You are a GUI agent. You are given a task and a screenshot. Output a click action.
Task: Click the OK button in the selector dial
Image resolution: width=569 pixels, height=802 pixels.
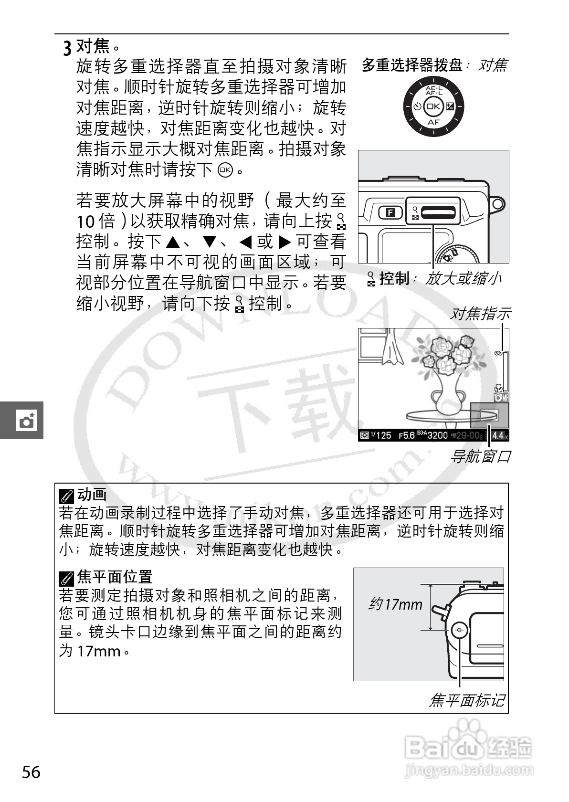(433, 106)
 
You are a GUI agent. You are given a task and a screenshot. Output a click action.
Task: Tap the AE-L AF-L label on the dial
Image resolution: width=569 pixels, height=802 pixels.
(433, 91)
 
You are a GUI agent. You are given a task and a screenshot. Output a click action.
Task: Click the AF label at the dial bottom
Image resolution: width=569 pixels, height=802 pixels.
(433, 122)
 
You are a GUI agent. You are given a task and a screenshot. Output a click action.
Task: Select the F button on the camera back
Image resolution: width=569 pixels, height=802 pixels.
(390, 212)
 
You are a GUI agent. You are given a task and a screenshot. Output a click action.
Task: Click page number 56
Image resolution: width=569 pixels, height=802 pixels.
(32, 772)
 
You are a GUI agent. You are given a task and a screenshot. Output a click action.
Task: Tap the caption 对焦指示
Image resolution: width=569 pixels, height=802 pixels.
(480, 314)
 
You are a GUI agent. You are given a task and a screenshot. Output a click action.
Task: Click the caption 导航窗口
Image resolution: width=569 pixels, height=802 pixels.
(480, 457)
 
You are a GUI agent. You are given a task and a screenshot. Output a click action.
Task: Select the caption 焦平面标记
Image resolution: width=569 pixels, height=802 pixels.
(466, 700)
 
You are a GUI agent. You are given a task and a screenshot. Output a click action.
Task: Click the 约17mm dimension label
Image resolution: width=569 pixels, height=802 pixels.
(395, 605)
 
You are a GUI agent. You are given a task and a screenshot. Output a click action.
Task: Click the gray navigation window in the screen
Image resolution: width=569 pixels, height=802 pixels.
(489, 415)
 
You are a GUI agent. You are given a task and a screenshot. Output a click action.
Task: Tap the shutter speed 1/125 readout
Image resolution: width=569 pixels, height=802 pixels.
(380, 435)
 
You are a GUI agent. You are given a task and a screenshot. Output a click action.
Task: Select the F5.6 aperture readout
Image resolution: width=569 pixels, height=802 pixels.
(406, 435)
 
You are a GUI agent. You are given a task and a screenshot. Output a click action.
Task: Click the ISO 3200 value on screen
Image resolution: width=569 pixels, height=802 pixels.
(437, 435)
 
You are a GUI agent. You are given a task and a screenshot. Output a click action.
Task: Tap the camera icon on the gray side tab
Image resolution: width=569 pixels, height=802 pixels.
(26, 421)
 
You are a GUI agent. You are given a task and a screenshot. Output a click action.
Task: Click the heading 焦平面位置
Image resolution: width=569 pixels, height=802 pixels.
(115, 577)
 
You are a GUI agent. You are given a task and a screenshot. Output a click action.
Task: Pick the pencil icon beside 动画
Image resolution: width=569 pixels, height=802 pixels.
(66, 496)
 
